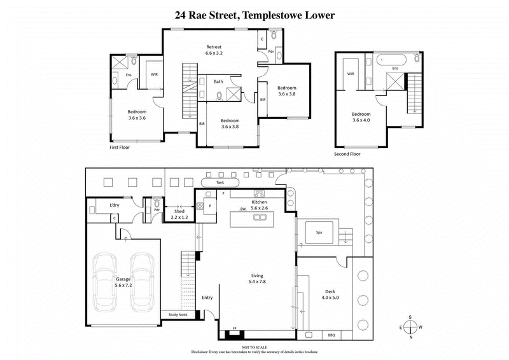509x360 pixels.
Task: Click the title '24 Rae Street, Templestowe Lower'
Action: click(254, 15)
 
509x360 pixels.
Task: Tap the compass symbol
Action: click(411, 327)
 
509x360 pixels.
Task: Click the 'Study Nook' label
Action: click(178, 314)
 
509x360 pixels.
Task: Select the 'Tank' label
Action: click(221, 183)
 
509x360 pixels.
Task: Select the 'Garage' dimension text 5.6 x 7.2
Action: click(123, 286)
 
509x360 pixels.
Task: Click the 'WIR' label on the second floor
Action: click(351, 74)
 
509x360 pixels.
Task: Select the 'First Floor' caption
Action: click(120, 146)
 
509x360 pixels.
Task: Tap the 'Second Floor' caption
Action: click(347, 154)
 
